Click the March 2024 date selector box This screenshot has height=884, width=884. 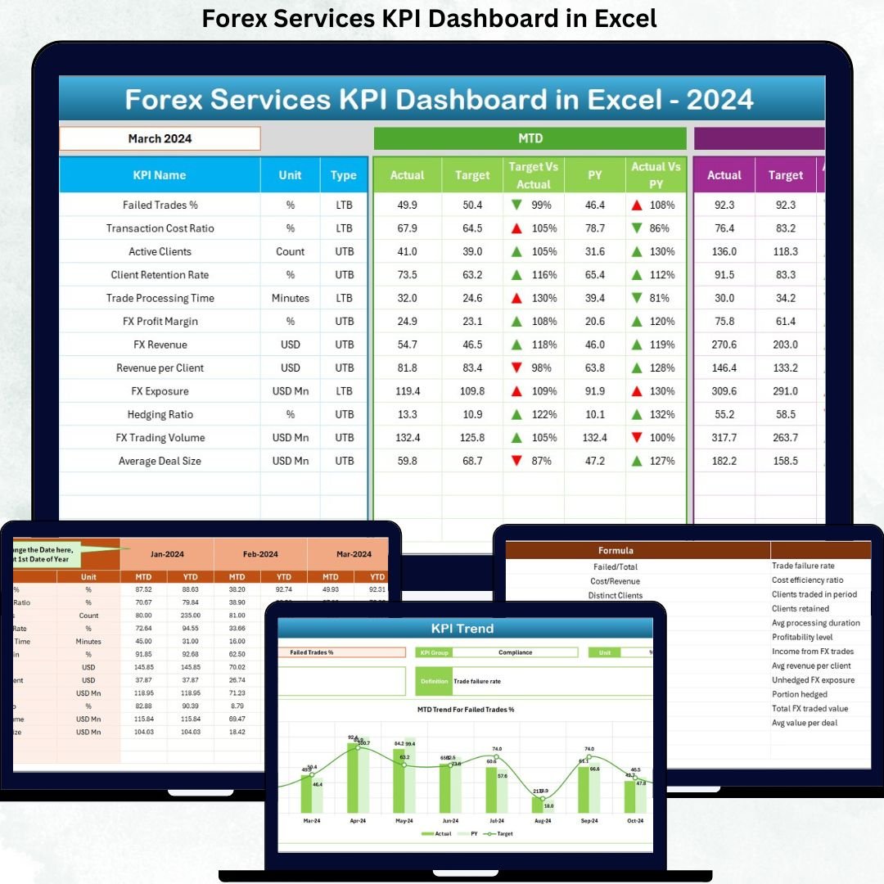coord(160,138)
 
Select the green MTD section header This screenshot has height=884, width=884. coord(530,138)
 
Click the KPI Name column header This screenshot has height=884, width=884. coord(160,175)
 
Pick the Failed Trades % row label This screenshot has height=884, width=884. coord(160,205)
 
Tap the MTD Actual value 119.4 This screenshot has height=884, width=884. coord(407,391)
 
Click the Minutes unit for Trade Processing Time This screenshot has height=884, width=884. coord(290,298)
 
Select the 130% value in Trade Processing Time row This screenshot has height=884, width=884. coord(543,298)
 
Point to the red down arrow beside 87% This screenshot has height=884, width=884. coord(516,461)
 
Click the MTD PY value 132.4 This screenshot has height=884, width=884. coord(594,438)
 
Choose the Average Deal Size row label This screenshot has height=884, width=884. coord(160,461)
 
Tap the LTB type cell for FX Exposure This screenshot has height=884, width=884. coord(344,391)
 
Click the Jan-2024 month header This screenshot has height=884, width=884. coord(167,554)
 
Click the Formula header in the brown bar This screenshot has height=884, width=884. coord(616,550)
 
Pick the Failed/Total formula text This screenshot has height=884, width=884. coord(616,566)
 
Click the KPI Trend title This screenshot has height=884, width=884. coord(462,629)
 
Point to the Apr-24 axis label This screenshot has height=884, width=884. coord(358,820)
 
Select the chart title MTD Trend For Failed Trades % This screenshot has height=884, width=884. coord(465,709)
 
